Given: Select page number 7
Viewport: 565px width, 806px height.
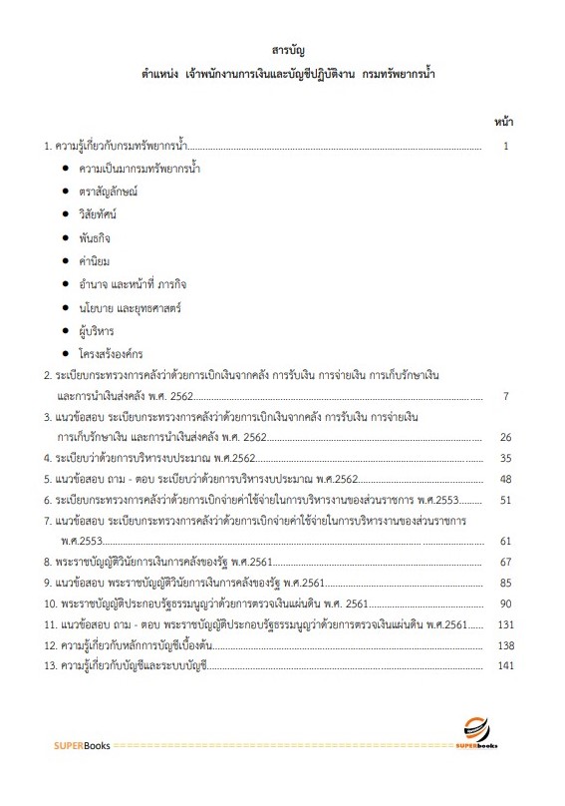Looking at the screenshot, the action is (506, 397).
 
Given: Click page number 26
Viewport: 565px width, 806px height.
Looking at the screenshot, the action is (505, 437).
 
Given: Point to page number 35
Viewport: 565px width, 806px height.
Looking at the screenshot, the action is (505, 458).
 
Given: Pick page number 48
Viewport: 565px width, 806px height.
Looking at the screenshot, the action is (505, 479).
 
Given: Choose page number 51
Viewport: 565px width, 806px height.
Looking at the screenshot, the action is (505, 500).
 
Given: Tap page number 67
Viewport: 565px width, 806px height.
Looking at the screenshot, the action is (505, 563).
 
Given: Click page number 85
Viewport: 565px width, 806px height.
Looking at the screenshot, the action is (505, 583).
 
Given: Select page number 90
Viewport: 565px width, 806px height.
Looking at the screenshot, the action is (505, 604).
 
